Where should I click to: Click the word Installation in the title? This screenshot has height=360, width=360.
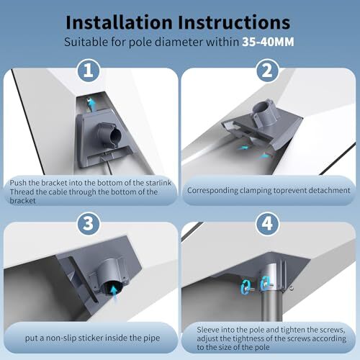(x=119, y=22)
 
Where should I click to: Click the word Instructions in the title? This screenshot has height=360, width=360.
(x=234, y=22)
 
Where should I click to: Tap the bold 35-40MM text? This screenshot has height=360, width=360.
(x=268, y=42)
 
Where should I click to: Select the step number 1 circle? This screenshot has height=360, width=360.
(x=89, y=71)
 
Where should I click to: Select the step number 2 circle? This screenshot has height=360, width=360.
(x=267, y=71)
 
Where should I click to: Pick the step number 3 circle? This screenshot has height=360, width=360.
(x=89, y=223)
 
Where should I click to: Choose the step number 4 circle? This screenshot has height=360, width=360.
(x=267, y=223)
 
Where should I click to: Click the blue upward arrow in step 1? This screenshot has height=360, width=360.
(x=91, y=104)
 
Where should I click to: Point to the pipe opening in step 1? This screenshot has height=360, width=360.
(x=114, y=135)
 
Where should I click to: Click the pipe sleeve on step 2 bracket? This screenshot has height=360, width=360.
(x=266, y=113)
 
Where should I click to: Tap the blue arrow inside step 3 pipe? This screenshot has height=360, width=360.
(x=114, y=292)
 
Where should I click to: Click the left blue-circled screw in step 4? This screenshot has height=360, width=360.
(x=246, y=287)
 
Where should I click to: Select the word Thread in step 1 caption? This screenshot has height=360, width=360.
(x=22, y=192)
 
